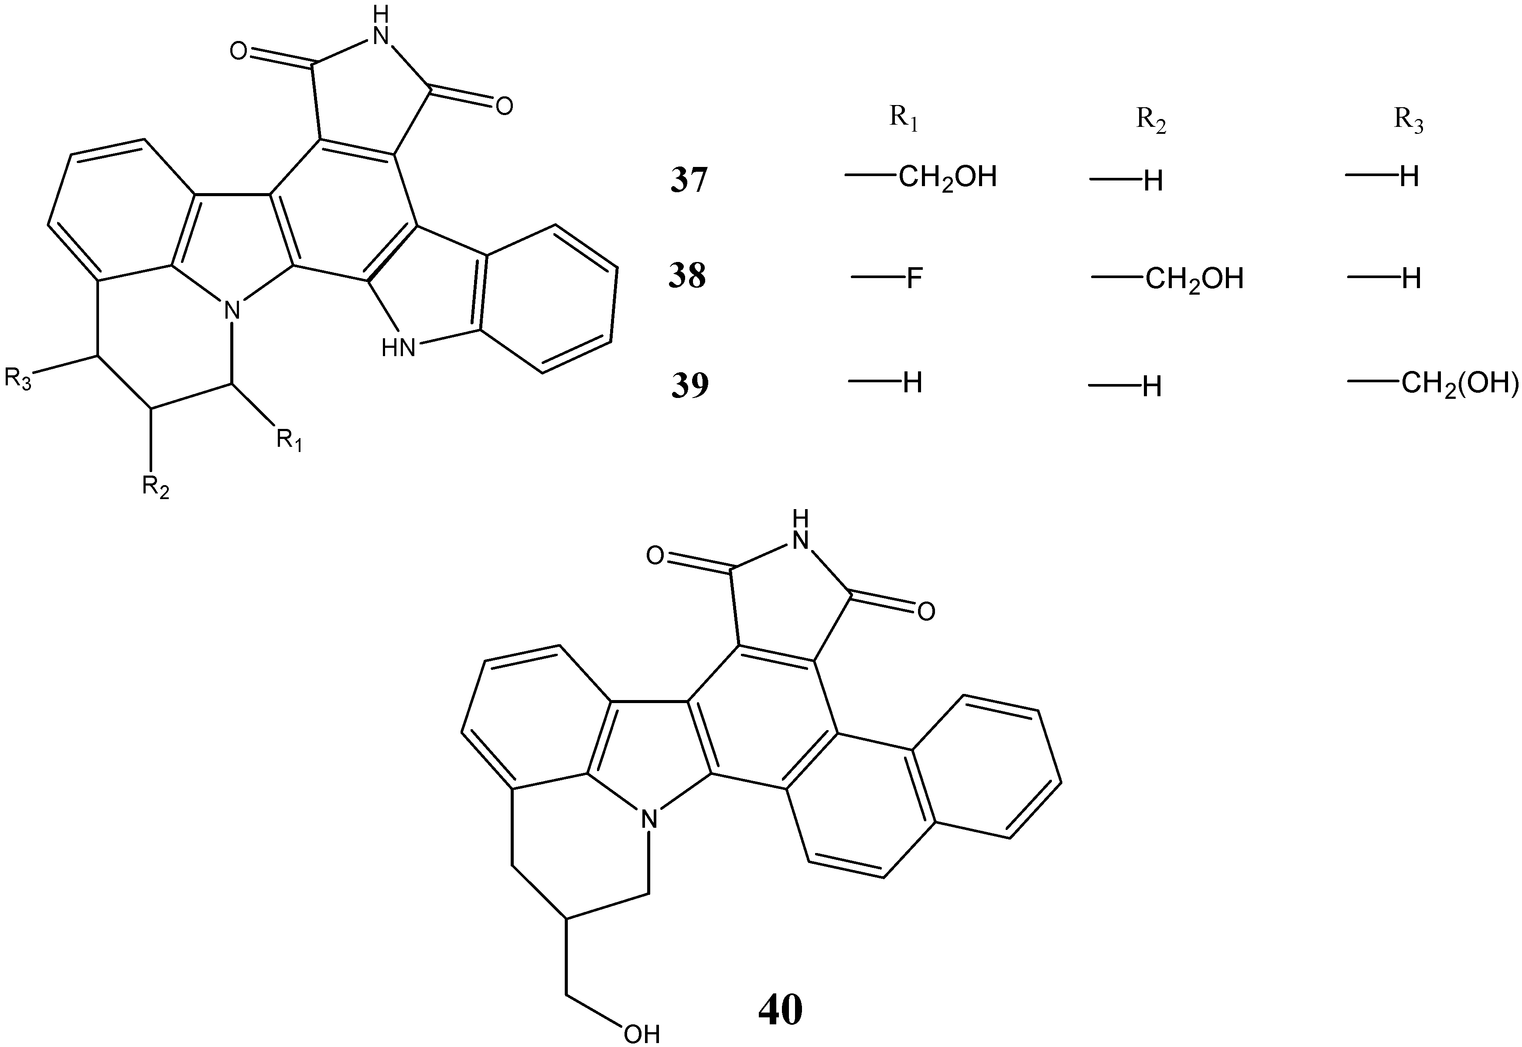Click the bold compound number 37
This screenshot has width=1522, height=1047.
point(689,180)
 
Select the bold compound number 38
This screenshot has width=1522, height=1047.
point(687,277)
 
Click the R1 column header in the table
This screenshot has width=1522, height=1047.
point(903,119)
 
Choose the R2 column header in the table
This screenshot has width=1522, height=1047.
point(1151,121)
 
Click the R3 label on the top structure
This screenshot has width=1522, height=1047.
point(18,379)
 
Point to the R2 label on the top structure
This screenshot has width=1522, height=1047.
point(156,487)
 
